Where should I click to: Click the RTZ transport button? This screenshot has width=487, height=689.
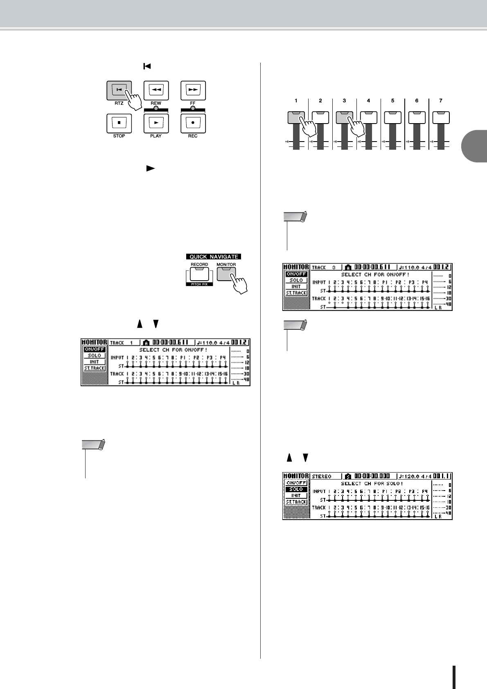coord(119,90)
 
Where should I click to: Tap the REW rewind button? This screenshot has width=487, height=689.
coord(156,90)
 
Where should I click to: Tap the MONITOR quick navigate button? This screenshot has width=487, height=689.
coord(226,274)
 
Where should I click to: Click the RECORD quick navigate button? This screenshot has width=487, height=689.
coord(199,274)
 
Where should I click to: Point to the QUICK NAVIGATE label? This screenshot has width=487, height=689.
coord(213,257)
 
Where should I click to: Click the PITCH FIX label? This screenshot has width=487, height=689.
coord(199,284)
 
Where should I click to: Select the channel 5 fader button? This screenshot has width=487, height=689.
coord(392,117)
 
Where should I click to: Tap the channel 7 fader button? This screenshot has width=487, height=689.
coord(441,117)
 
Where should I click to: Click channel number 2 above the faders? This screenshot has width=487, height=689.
coord(320,100)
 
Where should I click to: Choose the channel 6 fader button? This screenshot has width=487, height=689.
coord(417,117)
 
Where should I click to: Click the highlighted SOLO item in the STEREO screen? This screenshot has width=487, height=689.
coord(296,489)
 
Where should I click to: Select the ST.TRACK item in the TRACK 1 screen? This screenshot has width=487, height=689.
coord(95,368)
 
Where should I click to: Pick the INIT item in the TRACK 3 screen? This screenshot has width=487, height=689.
coord(296,286)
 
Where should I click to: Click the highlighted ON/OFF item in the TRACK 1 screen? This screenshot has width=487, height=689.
coord(95,349)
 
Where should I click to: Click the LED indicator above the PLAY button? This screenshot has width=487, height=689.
coord(156,108)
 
